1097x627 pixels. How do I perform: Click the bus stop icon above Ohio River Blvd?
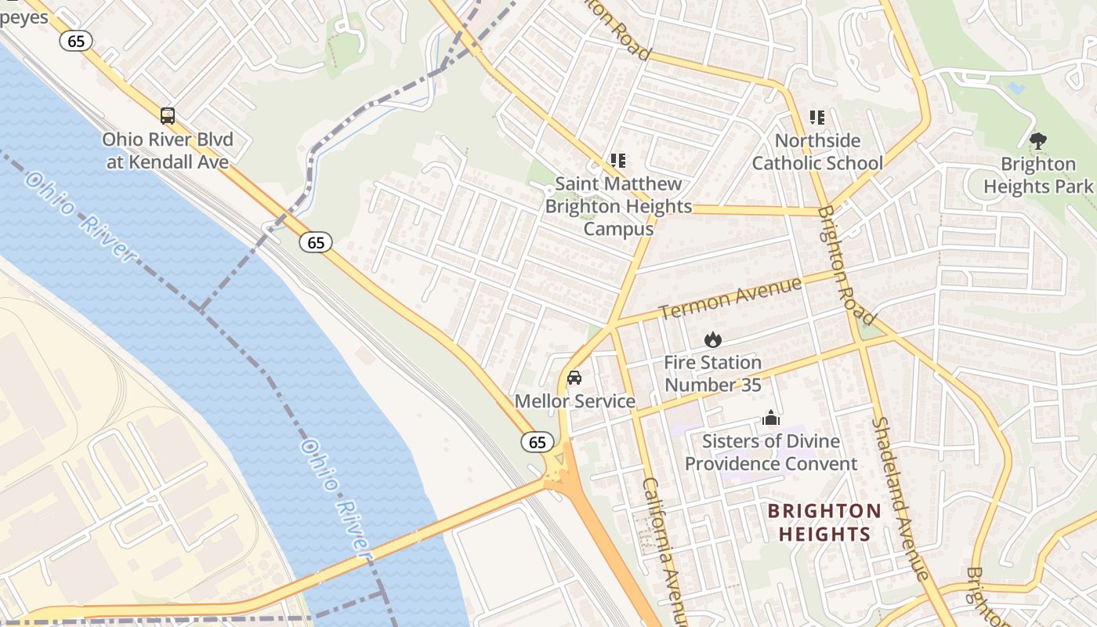pyautogui.click(x=168, y=116)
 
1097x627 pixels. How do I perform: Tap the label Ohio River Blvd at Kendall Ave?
pyautogui.click(x=168, y=151)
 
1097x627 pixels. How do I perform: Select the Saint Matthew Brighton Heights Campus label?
pyautogui.click(x=618, y=206)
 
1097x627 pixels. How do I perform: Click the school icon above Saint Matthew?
pyautogui.click(x=618, y=161)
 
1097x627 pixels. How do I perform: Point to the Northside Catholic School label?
pyautogui.click(x=817, y=152)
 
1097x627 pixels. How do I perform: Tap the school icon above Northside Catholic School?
pyautogui.click(x=817, y=118)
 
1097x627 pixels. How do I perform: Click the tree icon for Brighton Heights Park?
pyautogui.click(x=1038, y=141)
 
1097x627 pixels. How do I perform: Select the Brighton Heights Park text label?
pyautogui.click(x=1038, y=175)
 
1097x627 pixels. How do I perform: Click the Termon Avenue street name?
pyautogui.click(x=730, y=299)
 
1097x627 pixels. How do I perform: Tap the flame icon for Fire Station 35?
pyautogui.click(x=712, y=339)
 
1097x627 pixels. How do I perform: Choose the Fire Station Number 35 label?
pyautogui.click(x=712, y=374)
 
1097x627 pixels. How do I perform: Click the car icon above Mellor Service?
pyautogui.click(x=574, y=378)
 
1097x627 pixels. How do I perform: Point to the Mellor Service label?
pyautogui.click(x=574, y=401)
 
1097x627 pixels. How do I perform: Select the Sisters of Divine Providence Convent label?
pyautogui.click(x=771, y=452)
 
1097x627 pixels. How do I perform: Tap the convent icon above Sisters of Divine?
pyautogui.click(x=771, y=418)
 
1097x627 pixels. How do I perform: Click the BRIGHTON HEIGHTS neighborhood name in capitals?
pyautogui.click(x=824, y=523)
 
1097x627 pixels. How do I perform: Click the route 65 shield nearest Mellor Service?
pyautogui.click(x=538, y=442)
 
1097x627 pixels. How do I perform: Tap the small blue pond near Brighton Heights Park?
pyautogui.click(x=1017, y=89)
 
